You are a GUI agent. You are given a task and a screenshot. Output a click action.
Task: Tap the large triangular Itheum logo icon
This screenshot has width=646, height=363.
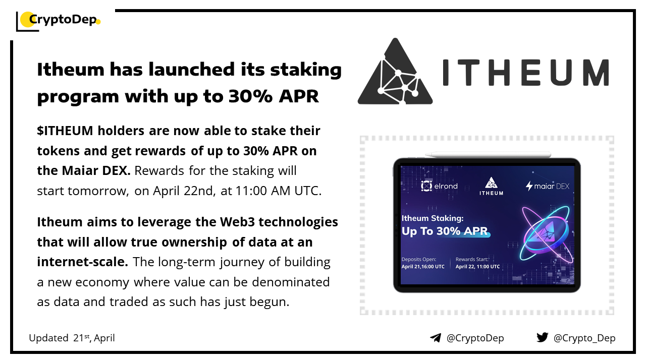coord(395,72)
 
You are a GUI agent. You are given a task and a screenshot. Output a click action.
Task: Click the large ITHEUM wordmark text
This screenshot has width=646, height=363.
coord(526,73)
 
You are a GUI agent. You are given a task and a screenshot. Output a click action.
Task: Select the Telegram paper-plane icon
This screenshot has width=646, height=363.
coord(436,338)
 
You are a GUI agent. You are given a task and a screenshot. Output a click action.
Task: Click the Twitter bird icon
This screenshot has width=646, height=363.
coord(543,337)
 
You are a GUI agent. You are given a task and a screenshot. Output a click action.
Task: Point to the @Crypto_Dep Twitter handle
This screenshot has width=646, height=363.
coord(584,338)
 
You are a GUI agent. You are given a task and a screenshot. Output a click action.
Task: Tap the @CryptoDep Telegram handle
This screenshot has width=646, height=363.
coord(475,338)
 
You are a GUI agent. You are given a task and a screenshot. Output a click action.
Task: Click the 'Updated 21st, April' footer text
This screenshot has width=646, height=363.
coord(72,338)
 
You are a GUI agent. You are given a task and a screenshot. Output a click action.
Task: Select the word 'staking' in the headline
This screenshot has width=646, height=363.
coord(306,70)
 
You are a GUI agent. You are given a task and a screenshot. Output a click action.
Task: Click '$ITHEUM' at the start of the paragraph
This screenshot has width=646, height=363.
coord(65,131)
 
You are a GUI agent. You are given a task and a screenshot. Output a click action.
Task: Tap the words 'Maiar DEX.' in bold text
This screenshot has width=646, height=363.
coord(96,170)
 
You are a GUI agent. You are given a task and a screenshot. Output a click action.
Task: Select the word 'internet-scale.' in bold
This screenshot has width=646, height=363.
coord(82,262)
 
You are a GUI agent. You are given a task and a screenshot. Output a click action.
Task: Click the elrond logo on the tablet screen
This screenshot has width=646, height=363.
coord(439,186)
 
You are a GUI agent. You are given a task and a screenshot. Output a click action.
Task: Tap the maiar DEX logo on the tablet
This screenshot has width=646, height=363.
coord(548,186)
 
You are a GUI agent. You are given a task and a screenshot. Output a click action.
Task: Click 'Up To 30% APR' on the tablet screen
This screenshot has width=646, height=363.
coord(445,231)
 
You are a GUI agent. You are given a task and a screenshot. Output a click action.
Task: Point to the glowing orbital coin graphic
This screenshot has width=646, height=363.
coord(546,233)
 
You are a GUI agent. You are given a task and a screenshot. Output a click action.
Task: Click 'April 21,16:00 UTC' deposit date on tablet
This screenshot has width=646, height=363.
coord(423,267)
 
